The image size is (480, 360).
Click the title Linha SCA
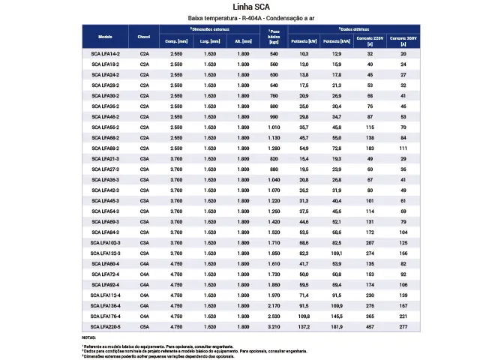(240, 7)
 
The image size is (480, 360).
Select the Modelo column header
(105, 36)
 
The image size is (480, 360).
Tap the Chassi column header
(144, 36)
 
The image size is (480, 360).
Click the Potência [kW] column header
(303, 41)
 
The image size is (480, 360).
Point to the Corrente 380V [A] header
(403, 39)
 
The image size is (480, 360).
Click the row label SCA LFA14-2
(105, 54)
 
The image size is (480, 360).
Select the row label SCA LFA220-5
(105, 327)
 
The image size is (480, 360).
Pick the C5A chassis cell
(144, 327)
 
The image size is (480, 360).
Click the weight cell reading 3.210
(274, 327)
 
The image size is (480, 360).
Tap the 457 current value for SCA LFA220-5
(370, 327)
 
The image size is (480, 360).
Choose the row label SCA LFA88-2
(105, 148)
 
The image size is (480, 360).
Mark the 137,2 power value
(303, 327)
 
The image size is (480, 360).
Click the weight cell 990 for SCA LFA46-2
(274, 117)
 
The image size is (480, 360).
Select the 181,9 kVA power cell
(337, 327)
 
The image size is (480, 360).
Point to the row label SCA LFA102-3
(105, 243)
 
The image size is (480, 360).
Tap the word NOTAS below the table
(88, 337)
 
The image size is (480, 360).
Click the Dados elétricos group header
(352, 28)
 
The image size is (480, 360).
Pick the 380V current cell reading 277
(403, 327)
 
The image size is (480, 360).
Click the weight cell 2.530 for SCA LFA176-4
(274, 316)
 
